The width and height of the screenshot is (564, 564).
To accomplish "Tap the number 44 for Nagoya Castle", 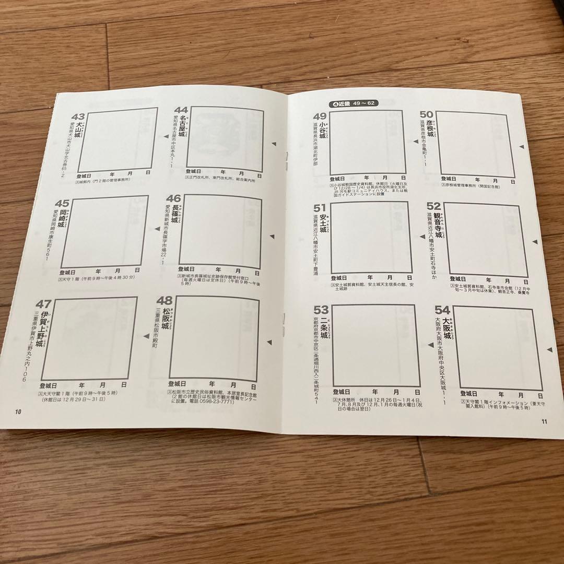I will [x=181, y=110].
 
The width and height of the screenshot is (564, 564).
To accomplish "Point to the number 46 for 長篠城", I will [x=173, y=199].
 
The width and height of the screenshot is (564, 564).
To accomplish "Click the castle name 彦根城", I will [x=430, y=127].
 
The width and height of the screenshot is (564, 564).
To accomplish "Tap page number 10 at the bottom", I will [x=18, y=412].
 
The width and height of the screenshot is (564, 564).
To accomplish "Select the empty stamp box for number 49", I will [x=368, y=144].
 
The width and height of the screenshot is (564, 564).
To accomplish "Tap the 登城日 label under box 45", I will [x=68, y=273].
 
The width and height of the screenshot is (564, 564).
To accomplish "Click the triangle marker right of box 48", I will [x=269, y=342].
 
